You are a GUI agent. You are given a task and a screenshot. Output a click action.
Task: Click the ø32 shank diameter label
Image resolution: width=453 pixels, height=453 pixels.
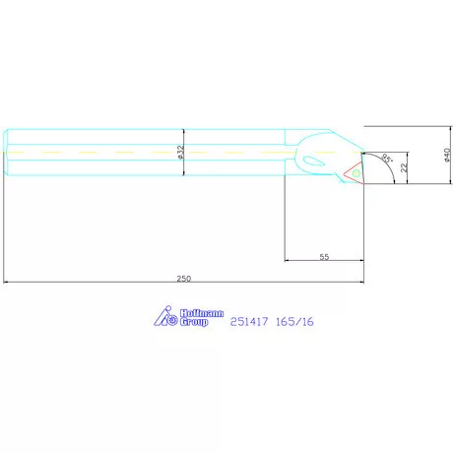[181, 153]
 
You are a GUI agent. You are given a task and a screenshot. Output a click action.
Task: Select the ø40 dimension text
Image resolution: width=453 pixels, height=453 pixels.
[447, 155]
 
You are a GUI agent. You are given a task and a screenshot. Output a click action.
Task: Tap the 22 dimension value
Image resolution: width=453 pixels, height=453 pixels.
[404, 167]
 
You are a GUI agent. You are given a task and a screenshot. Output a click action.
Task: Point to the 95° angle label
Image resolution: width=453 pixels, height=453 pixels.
[387, 159]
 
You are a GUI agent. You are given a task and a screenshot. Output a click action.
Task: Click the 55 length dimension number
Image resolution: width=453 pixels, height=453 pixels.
[324, 257]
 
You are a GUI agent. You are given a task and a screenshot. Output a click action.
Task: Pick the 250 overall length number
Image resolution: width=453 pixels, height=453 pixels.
[184, 279]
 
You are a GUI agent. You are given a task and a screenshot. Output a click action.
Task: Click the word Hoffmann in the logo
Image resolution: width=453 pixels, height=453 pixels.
[202, 313]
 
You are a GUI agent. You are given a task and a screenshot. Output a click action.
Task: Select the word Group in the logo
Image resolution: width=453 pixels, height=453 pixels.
[194, 322]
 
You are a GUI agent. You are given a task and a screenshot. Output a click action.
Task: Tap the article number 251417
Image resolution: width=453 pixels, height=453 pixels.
[249, 321]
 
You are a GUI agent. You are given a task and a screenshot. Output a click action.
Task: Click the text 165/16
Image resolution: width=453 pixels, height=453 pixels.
[294, 321]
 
